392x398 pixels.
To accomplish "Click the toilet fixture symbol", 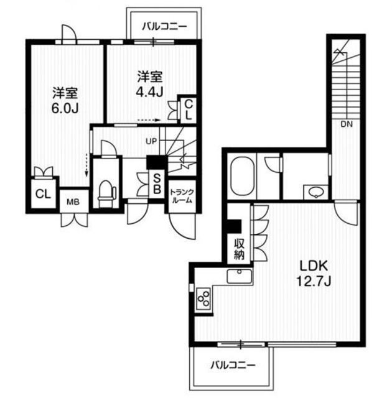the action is [x=107, y=193].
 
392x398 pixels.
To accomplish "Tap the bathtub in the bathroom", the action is [x=242, y=176].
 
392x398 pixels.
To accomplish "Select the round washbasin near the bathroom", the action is [x=315, y=192].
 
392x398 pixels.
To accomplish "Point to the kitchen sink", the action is [x=240, y=276].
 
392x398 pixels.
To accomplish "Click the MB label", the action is [x=73, y=202].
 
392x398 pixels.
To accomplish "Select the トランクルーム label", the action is [x=182, y=196].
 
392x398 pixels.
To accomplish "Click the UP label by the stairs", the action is [x=151, y=141].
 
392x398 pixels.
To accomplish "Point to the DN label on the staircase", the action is [x=347, y=124].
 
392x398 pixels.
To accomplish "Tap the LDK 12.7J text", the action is [x=314, y=274].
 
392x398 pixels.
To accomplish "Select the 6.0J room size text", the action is [x=65, y=109].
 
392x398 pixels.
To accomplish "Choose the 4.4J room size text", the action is [x=149, y=93].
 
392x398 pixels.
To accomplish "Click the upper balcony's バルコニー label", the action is [x=164, y=26].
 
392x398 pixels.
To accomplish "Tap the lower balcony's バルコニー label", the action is [x=233, y=366].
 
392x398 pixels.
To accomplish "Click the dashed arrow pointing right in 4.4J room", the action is [x=149, y=120].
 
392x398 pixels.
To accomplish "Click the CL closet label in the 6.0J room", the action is [x=43, y=195].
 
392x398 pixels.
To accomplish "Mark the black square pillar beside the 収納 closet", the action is [x=234, y=226].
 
